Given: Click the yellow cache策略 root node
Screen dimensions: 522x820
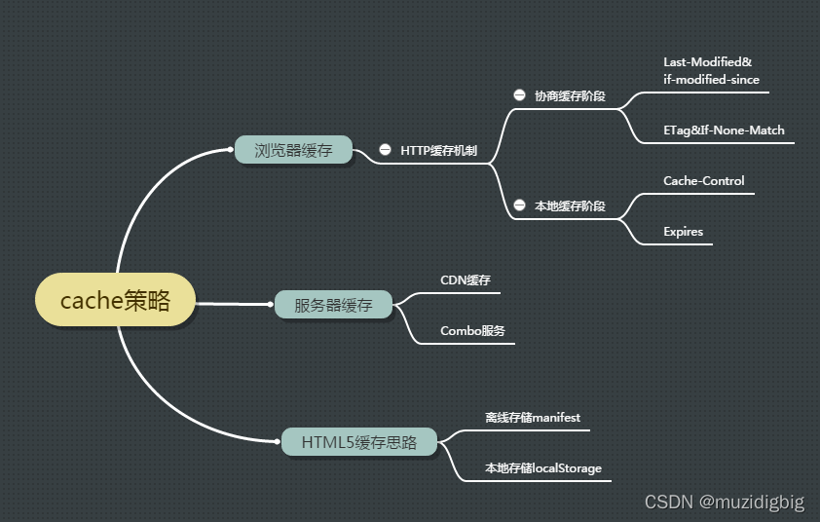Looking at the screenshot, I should [x=115, y=300].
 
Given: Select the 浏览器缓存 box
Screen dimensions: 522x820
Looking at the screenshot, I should [x=293, y=150].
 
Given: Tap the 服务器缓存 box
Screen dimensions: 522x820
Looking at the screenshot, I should [x=333, y=305].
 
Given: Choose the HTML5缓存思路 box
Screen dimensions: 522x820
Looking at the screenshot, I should [x=358, y=442].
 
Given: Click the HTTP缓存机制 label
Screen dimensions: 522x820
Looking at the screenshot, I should [x=438, y=151].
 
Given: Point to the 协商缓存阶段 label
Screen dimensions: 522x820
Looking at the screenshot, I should [x=570, y=96].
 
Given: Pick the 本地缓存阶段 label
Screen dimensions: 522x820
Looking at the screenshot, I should [x=570, y=206].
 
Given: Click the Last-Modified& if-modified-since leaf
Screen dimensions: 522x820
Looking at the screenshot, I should [x=711, y=70].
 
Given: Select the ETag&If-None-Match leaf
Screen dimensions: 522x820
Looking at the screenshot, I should [x=724, y=130].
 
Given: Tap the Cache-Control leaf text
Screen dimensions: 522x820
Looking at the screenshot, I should [x=703, y=180].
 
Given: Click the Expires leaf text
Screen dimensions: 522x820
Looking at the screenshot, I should [x=683, y=232].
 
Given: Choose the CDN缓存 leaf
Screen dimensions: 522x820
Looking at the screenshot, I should [x=465, y=280].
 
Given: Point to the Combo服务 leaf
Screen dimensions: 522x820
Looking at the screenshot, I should [x=472, y=330].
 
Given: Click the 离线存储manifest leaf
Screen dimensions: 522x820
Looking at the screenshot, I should [x=533, y=417].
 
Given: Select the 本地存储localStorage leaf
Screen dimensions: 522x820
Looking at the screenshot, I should [x=543, y=468].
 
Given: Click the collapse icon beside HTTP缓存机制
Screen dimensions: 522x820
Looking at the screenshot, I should [x=386, y=151].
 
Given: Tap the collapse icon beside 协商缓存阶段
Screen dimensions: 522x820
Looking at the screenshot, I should [x=519, y=95].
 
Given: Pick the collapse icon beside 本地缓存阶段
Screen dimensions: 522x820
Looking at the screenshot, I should [x=519, y=206].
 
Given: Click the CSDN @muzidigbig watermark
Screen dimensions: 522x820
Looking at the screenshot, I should [x=725, y=503].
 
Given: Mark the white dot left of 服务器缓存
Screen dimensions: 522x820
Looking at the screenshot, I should [x=270, y=305].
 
